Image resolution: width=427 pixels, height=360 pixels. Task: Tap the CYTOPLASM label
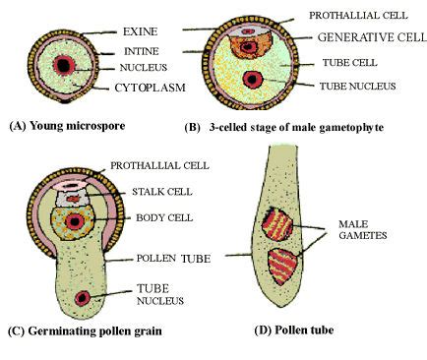tap(145, 88)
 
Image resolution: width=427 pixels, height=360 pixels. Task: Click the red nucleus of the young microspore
tap(64, 65)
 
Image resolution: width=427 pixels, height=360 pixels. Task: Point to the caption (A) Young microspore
tap(66, 127)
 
